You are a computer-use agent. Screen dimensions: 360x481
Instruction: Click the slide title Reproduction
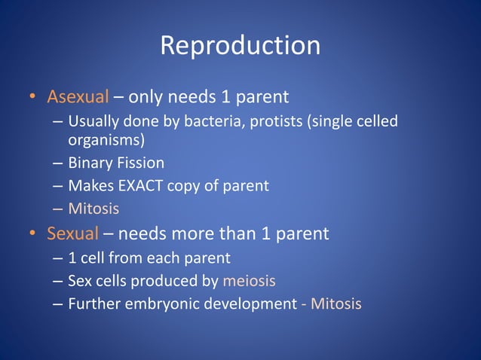[x=240, y=46]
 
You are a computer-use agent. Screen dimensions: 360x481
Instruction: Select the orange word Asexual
[x=78, y=97]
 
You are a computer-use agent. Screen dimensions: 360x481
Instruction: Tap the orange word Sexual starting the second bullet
[x=72, y=233]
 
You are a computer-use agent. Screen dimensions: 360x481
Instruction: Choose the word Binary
[x=90, y=163]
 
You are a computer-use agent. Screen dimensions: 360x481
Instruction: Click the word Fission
[x=139, y=163]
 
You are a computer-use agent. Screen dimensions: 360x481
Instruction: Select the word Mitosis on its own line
[x=93, y=208]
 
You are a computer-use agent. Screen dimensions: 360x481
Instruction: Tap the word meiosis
[x=249, y=282]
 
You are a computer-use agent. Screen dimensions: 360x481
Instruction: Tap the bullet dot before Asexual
[x=32, y=98]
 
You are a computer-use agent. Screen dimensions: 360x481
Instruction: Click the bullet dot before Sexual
[x=32, y=234]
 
